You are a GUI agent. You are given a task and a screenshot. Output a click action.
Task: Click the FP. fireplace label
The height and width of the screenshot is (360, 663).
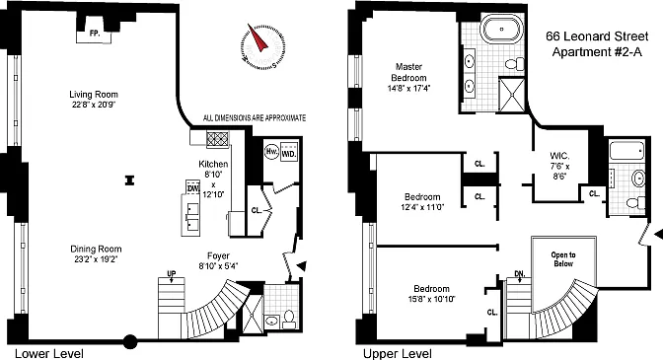point(95,34)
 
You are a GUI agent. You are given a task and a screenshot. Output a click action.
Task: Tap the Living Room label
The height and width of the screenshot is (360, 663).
point(94,95)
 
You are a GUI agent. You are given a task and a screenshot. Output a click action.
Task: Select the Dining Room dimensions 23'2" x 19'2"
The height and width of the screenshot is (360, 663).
point(96,259)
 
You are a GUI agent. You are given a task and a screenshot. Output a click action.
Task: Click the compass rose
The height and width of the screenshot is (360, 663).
point(263,45)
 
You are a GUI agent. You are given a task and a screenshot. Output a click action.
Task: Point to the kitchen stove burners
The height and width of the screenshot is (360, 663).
point(218,139)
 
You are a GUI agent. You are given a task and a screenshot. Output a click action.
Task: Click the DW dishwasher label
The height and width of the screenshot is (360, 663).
point(192,188)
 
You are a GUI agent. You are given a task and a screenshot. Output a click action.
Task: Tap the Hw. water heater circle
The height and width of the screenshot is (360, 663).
point(271,152)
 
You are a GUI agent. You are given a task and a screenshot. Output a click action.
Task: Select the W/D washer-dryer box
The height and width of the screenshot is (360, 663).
point(289,153)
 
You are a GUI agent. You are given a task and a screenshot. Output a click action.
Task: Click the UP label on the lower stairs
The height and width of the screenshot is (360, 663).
point(172,274)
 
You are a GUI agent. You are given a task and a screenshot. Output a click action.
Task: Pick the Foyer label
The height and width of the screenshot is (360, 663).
point(218,255)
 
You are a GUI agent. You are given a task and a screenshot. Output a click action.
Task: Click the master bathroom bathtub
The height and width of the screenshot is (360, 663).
point(502,29)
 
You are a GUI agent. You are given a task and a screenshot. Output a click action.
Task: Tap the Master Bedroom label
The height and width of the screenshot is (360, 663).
point(408,72)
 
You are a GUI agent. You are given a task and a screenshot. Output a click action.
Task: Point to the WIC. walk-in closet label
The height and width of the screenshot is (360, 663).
point(559,156)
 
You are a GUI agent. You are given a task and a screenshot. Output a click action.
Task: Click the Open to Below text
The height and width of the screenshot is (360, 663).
point(563,259)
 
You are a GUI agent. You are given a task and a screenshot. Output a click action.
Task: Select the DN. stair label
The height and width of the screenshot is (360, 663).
point(520,274)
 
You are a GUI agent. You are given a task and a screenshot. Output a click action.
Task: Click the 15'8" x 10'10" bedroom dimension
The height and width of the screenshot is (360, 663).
point(432,299)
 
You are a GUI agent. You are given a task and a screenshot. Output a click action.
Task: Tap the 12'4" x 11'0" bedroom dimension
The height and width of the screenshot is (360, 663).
point(422,207)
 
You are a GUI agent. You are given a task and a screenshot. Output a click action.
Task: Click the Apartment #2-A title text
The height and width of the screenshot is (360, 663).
point(597,52)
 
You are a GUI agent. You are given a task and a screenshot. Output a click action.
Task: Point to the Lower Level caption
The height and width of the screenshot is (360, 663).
point(49,354)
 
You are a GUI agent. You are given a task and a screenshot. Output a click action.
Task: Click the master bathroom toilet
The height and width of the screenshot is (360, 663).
point(515,64)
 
